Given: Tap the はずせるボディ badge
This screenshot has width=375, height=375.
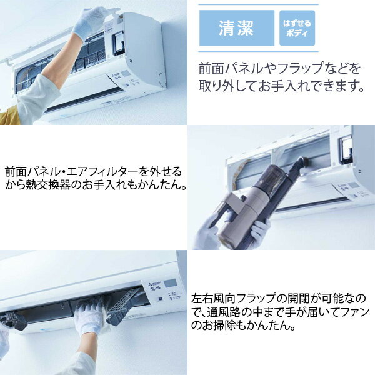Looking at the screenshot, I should click(x=297, y=28).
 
